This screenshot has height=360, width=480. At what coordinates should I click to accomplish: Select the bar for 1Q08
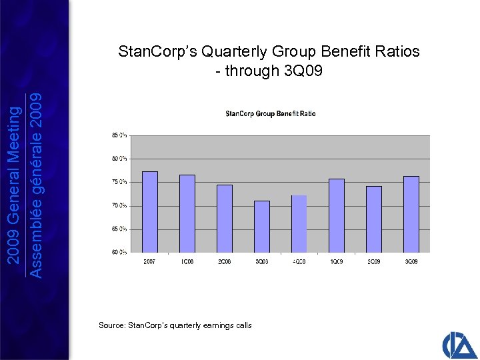(187, 213)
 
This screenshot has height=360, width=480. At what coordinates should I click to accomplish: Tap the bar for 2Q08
(225, 219)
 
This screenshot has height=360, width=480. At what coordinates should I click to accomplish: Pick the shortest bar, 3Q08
(262, 227)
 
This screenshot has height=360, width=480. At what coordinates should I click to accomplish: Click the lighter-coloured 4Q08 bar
(299, 224)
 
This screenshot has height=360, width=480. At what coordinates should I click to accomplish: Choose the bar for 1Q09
(337, 215)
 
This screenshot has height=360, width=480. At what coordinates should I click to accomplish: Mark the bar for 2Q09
(373, 219)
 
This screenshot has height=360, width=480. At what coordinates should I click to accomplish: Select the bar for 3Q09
(411, 214)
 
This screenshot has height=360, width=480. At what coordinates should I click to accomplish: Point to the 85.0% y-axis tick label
(119, 135)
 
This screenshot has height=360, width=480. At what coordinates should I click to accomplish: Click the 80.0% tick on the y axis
(119, 159)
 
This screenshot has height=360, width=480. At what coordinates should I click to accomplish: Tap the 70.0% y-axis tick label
(119, 205)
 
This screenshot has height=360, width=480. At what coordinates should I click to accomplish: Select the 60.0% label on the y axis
(119, 252)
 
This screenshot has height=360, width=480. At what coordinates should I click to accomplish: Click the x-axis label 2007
(150, 261)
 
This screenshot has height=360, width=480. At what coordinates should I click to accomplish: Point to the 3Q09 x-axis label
(411, 261)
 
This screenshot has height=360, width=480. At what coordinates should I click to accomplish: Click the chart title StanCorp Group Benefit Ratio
(271, 114)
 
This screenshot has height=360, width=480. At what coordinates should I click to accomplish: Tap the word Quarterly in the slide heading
(220, 52)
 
